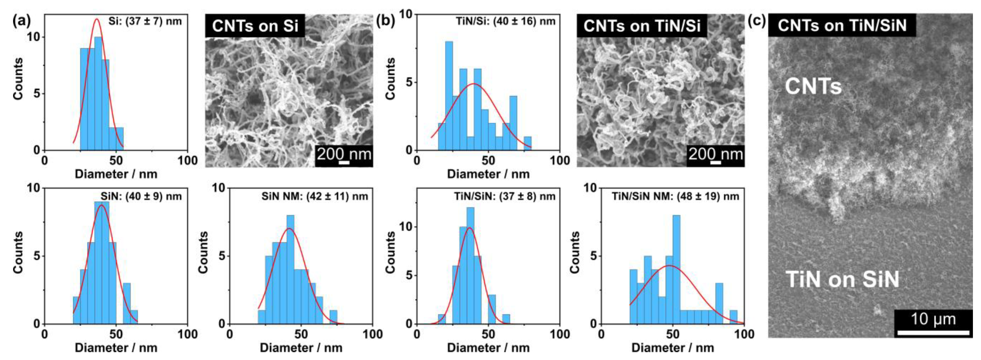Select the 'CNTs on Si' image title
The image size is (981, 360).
(x=255, y=26)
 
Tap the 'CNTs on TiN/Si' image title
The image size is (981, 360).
(x=642, y=26)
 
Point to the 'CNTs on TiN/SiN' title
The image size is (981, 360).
(x=842, y=25)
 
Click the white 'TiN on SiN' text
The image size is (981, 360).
(x=842, y=279)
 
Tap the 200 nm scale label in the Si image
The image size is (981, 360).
(x=344, y=154)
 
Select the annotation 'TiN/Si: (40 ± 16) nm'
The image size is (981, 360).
(x=506, y=21)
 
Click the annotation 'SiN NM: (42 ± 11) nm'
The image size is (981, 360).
(x=315, y=197)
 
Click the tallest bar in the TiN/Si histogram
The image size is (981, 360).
(x=449, y=95)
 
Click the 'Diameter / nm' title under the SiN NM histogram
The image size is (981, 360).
(x=301, y=348)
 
